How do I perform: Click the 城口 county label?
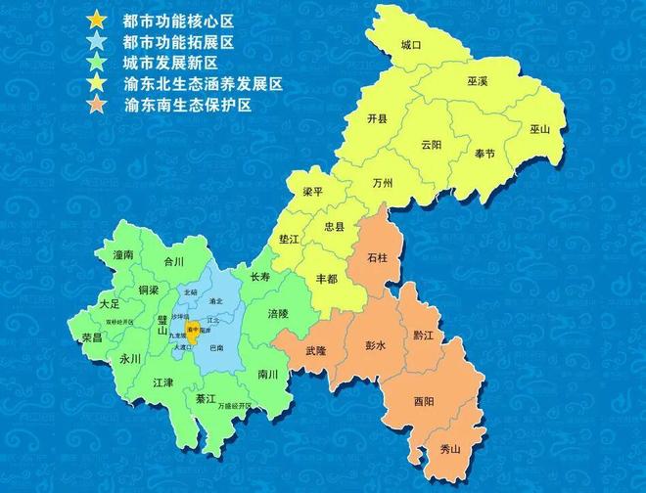point(411,46)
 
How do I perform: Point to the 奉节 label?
point(484,154)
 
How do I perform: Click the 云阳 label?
point(432,144)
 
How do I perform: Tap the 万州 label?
point(384,183)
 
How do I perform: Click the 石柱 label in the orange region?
point(377,259)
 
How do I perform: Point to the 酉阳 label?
point(425,401)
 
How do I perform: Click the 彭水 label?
point(376,346)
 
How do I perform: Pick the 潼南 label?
point(123,254)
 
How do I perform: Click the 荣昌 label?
point(92,336)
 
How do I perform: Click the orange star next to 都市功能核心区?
point(96,20)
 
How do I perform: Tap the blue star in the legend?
point(96,41)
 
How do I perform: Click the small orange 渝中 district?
point(194,331)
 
